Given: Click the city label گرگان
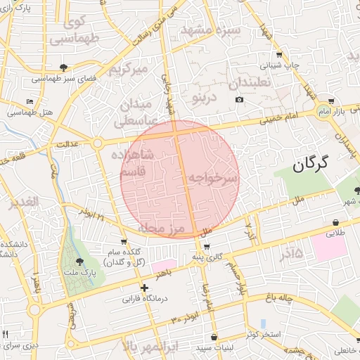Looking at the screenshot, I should pos(310,165).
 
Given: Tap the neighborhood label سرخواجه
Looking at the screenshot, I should pos(212,179).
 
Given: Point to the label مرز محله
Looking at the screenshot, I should pos(160,229).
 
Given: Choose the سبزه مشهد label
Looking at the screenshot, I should pos(211,31).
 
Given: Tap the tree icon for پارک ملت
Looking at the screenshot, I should pos(78,262).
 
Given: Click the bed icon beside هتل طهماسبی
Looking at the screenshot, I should pos(29,101).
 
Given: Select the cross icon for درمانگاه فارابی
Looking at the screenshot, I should pos(144,288).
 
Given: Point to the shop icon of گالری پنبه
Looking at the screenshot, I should pos(206,247).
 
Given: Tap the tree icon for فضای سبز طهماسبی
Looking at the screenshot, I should pos(65,68).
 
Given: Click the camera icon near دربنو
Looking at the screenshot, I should pos(240,100).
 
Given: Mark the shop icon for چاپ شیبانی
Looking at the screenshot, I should pos(279,54).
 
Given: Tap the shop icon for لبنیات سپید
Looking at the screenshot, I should pos(214,337).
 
